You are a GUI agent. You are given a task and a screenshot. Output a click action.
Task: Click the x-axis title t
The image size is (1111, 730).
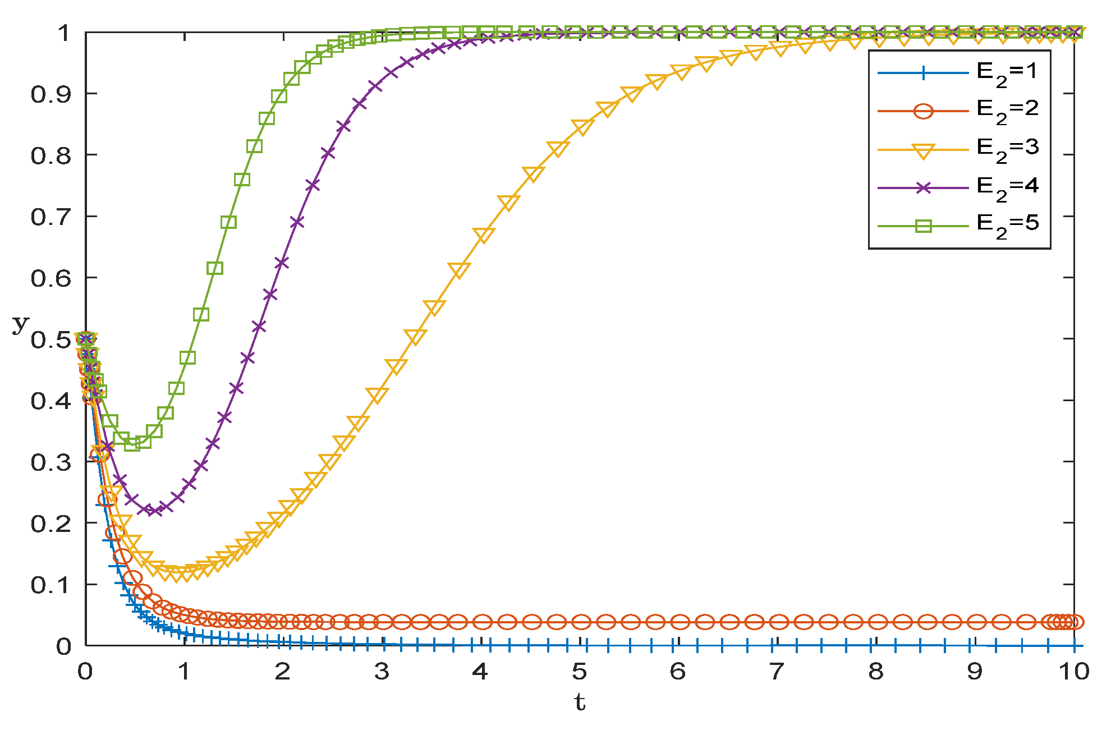[x=580, y=703]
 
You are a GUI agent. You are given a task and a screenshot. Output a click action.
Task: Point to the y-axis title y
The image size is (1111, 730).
[x=20, y=324]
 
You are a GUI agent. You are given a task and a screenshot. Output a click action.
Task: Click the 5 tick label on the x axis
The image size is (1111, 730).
[x=579, y=672]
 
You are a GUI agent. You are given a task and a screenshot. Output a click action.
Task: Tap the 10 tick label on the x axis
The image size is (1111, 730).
[x=1073, y=672]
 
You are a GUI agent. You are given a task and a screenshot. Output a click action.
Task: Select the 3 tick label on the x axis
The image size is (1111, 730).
[x=382, y=672]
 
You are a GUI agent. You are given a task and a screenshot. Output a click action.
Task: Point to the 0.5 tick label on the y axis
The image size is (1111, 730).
[x=51, y=340]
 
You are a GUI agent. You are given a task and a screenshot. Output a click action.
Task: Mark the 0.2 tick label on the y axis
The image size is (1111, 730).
[x=51, y=524]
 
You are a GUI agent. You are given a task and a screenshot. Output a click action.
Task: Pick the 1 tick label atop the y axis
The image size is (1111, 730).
[x=63, y=33]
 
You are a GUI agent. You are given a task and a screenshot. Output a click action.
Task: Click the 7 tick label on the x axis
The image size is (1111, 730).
[x=777, y=672]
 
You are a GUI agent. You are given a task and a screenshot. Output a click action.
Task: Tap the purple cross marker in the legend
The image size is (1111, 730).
[x=923, y=187]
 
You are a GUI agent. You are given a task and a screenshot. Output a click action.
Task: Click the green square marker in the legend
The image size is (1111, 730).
[x=923, y=226]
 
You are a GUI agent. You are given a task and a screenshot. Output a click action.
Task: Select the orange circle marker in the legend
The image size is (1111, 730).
[x=923, y=111]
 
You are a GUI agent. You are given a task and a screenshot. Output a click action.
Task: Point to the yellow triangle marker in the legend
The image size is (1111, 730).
[x=923, y=151]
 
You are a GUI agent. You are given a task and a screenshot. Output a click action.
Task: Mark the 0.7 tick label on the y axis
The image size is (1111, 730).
[x=51, y=217]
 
